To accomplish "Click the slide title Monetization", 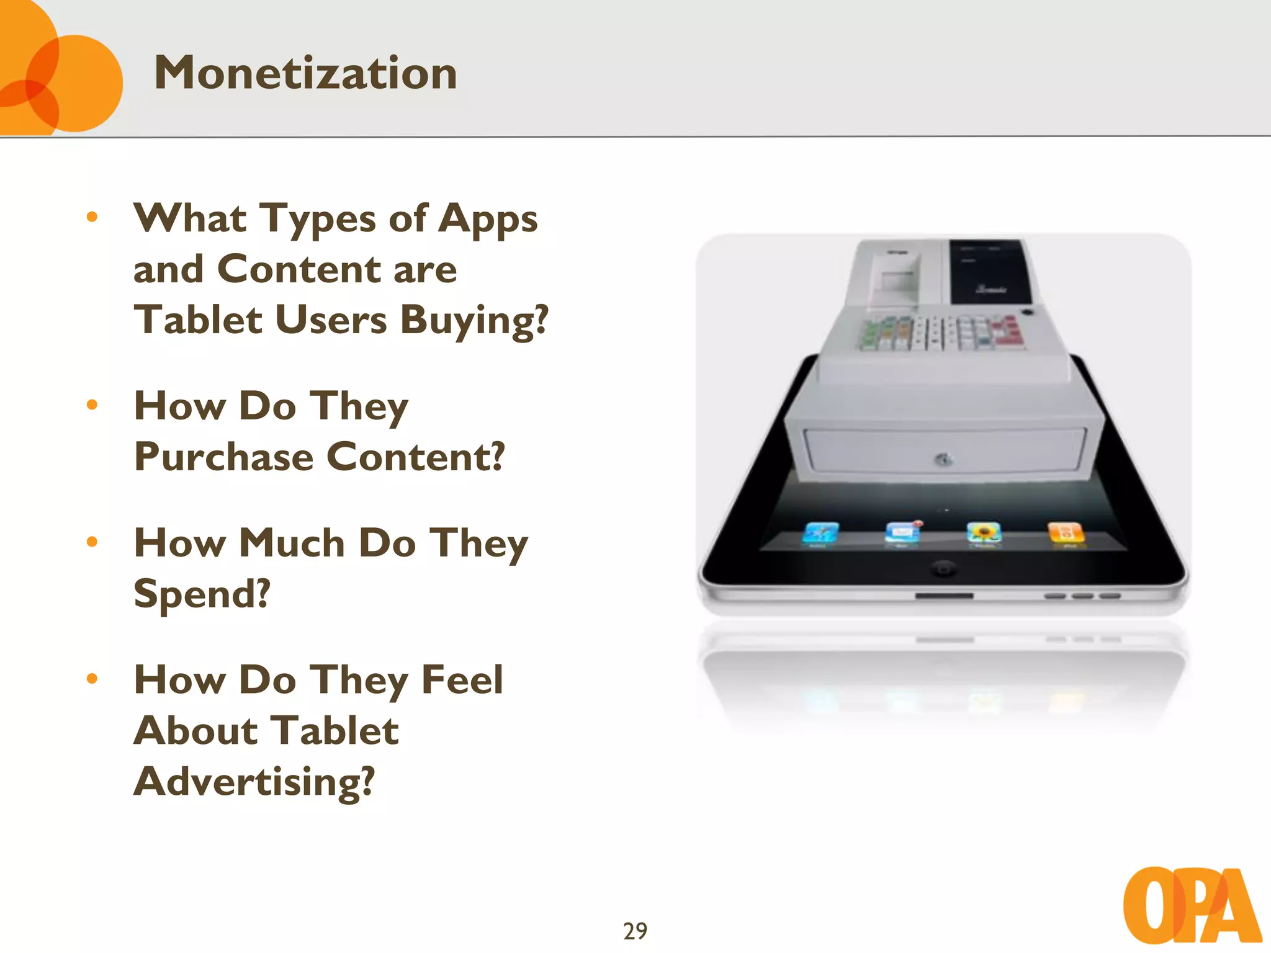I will [305, 73].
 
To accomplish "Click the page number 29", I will [635, 931].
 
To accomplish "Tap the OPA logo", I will [1192, 906].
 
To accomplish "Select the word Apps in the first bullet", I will [488, 220].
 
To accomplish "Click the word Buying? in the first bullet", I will [475, 321].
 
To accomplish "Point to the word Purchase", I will [224, 457].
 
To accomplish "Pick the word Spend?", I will [202, 594].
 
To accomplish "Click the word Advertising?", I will [254, 782].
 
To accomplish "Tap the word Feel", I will [462, 680].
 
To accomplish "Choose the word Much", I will [292, 544].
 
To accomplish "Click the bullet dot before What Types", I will [92, 217].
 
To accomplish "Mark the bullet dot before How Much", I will [92, 542].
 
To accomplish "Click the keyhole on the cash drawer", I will [943, 460].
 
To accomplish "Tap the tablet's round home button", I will [943, 568].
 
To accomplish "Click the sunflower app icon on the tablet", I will [984, 533].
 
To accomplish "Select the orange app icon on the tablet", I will [1065, 533].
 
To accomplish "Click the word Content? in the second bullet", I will [415, 457].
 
